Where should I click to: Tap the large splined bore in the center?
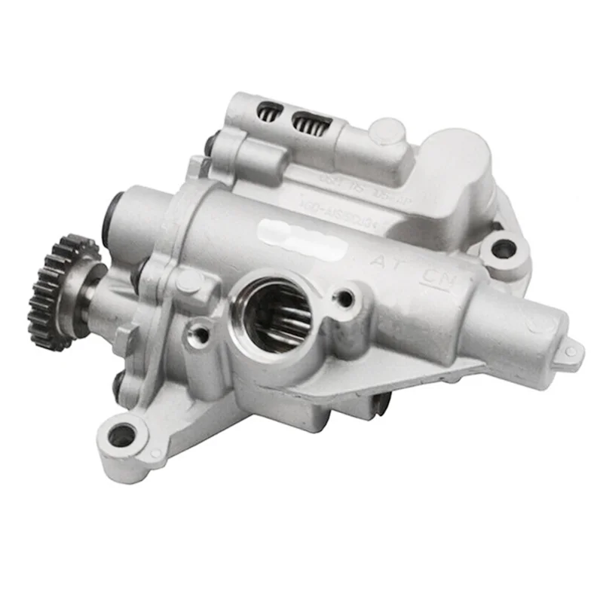click(275, 313)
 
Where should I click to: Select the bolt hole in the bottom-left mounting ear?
click(122, 434)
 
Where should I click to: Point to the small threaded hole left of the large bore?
click(201, 329)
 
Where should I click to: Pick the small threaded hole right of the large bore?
click(345, 298)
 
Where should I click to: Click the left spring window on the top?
click(268, 112)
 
